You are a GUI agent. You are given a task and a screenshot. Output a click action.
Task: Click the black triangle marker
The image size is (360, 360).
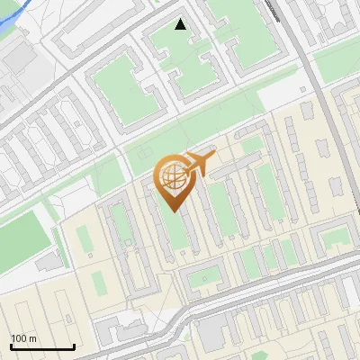[x=180, y=24]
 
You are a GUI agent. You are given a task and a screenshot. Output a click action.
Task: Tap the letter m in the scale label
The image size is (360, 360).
[x=33, y=338]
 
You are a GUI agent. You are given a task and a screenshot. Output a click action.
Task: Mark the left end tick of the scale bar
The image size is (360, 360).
[x=10, y=346]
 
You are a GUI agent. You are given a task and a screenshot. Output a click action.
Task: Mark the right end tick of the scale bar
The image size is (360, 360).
[x=74, y=346]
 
